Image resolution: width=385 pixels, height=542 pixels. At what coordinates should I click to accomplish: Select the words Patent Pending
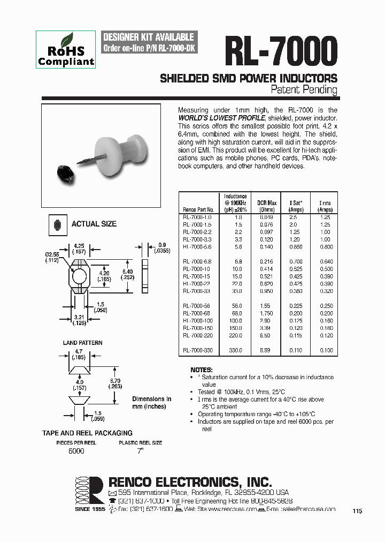(x=304, y=89)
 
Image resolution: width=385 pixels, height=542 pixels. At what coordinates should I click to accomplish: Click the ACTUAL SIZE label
(x=94, y=224)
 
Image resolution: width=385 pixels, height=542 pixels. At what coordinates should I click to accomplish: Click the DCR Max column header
(x=267, y=206)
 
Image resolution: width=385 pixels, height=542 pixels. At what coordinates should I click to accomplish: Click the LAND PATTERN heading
(x=82, y=343)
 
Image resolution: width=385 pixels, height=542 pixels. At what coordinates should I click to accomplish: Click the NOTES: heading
(x=202, y=370)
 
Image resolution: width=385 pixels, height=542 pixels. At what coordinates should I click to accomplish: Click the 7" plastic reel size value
(x=140, y=451)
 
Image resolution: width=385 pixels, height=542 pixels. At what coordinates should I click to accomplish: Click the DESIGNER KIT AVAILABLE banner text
(x=148, y=37)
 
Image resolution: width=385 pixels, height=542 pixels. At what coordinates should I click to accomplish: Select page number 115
(x=357, y=511)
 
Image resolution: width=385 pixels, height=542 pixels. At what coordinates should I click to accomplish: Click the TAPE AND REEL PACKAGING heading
(x=87, y=433)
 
